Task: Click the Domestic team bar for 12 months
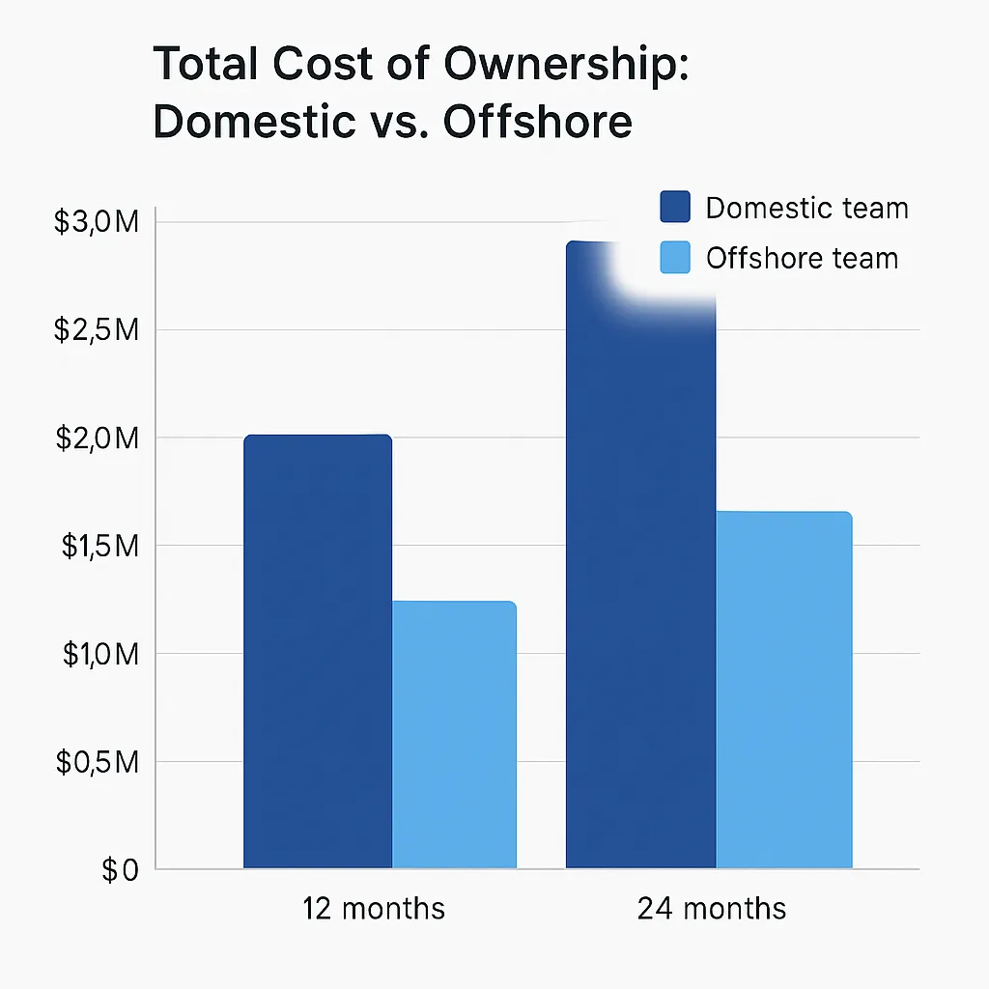point(318,652)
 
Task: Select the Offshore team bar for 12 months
point(454,734)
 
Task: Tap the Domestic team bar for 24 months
point(640,579)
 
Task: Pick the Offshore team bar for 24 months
point(784,690)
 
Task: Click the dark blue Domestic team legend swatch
point(675,208)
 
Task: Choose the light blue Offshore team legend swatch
point(675,258)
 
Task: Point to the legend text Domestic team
point(806,208)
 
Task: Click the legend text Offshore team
point(802,259)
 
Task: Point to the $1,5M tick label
point(100,547)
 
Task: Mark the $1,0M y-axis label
point(100,655)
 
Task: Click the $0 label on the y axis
point(120,870)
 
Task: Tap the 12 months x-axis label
point(374,909)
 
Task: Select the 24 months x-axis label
point(712,909)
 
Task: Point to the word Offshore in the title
point(537,123)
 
